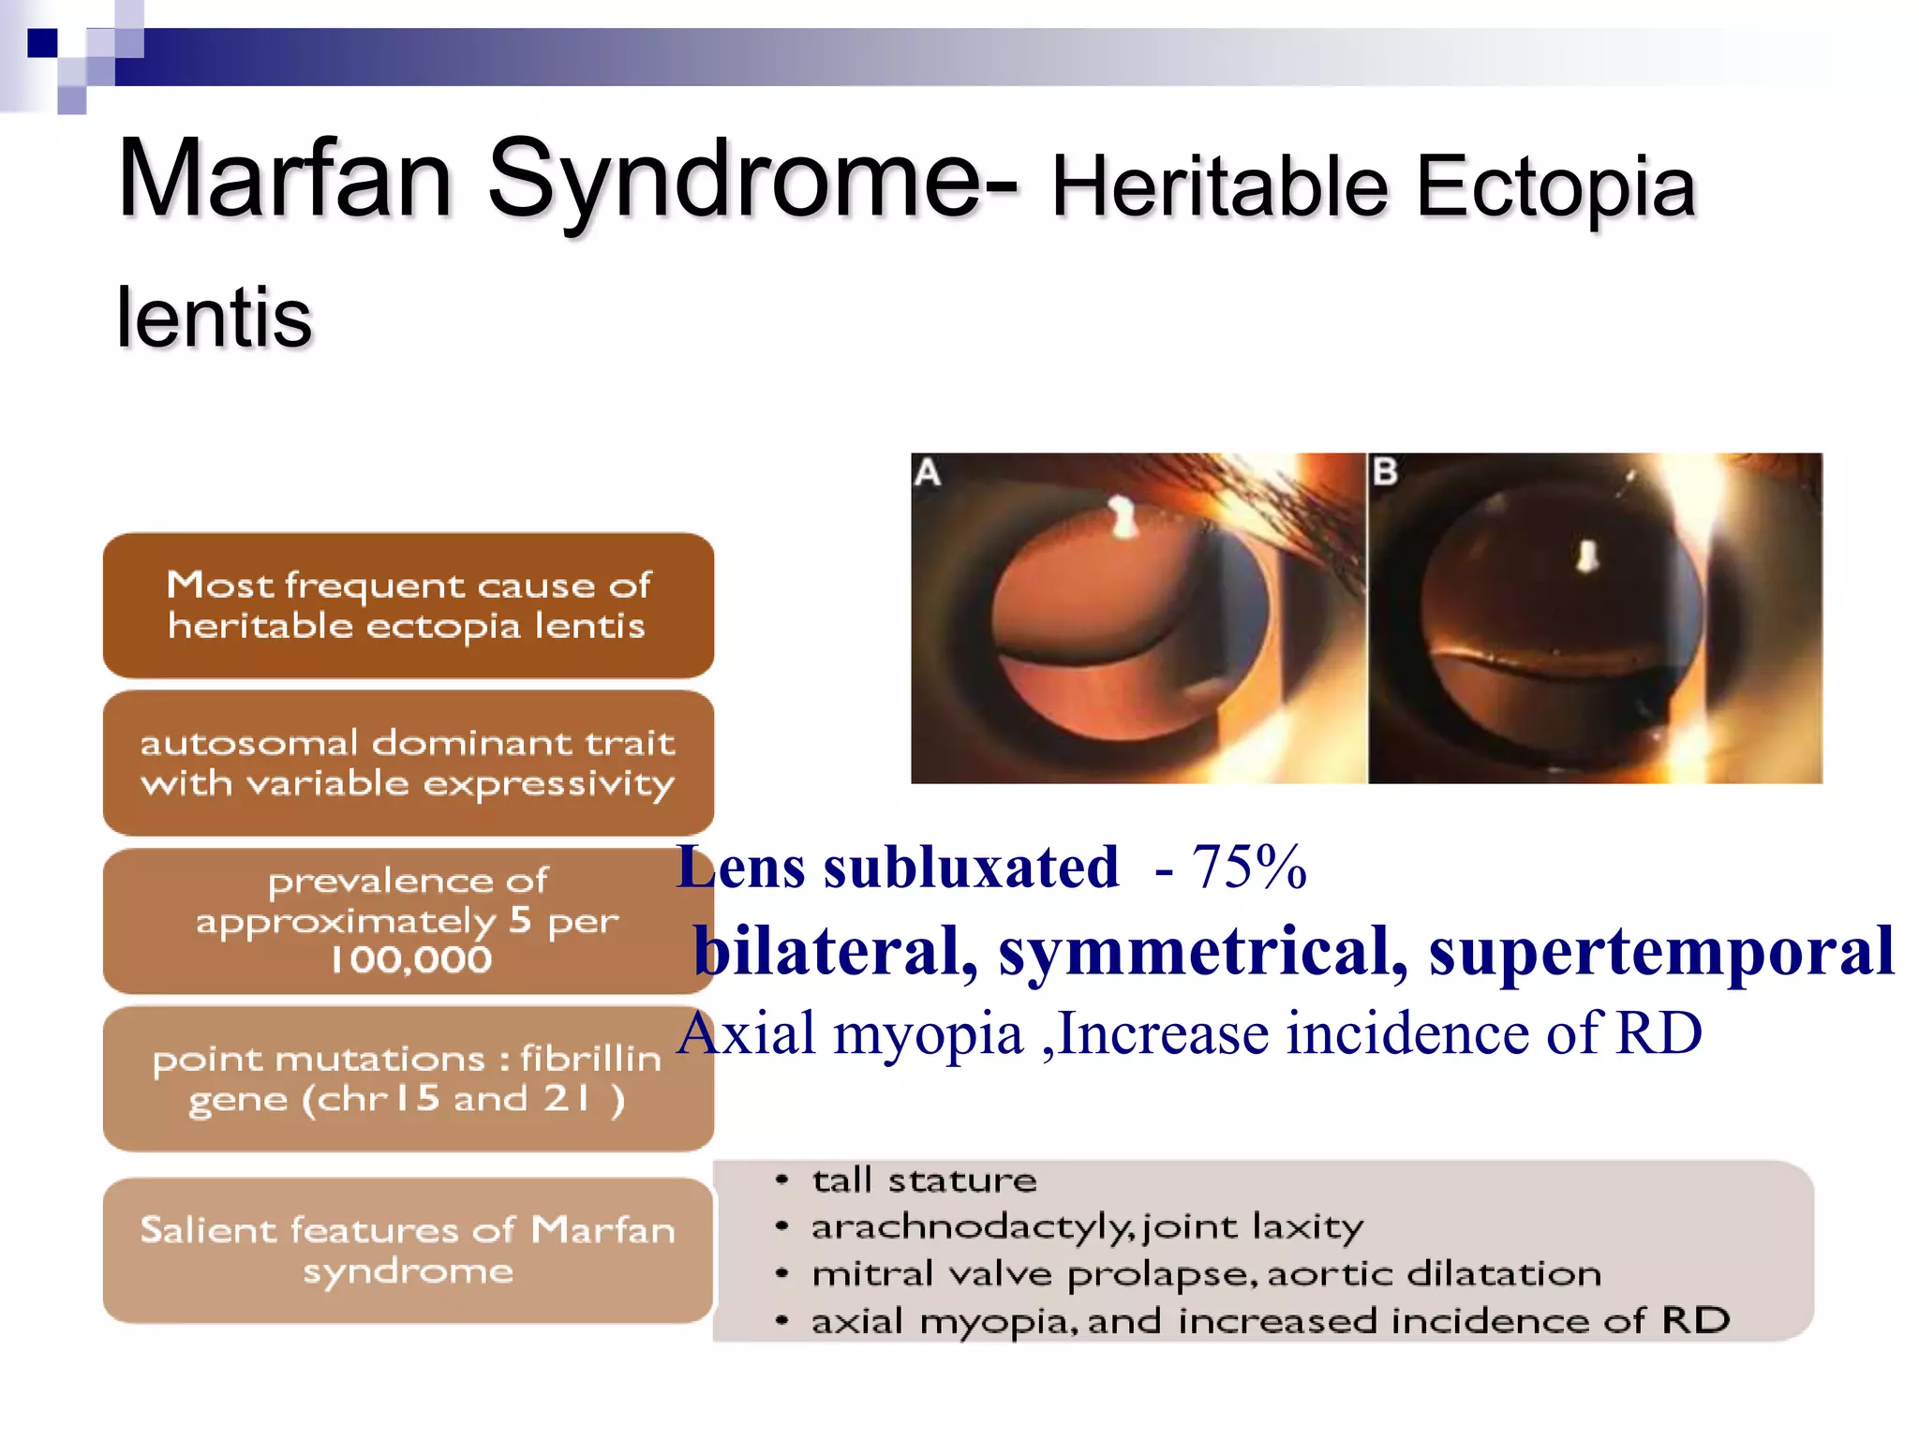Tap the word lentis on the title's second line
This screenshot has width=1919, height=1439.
(214, 319)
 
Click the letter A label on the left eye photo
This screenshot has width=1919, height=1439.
(928, 472)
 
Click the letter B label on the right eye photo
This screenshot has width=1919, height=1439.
(1385, 471)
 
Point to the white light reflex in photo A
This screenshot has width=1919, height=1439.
(1122, 515)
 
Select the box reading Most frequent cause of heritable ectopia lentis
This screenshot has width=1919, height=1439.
(408, 605)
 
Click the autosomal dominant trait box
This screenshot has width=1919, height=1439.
(408, 763)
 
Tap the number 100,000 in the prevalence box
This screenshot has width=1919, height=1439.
(410, 960)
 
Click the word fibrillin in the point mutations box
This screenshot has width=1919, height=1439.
(590, 1059)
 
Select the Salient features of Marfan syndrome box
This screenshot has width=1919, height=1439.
(408, 1250)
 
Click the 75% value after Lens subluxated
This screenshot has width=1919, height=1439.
(1248, 868)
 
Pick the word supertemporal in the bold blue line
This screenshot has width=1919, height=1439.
(1660, 951)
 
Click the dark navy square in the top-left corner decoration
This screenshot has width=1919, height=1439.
(42, 43)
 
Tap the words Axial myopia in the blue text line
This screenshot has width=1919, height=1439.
(850, 1035)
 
